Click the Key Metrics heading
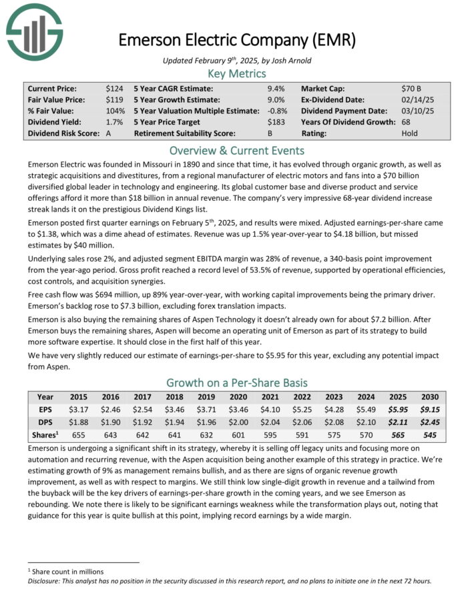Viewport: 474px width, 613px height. [236, 73]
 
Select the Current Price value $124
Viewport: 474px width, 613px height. [114, 88]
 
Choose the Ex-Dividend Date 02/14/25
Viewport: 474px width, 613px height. [417, 99]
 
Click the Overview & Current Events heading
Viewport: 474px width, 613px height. [236, 150]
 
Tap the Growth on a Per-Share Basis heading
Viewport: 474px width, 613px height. [236, 383]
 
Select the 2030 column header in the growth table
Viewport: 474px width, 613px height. [429, 396]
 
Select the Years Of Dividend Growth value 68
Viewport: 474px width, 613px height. [407, 122]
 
